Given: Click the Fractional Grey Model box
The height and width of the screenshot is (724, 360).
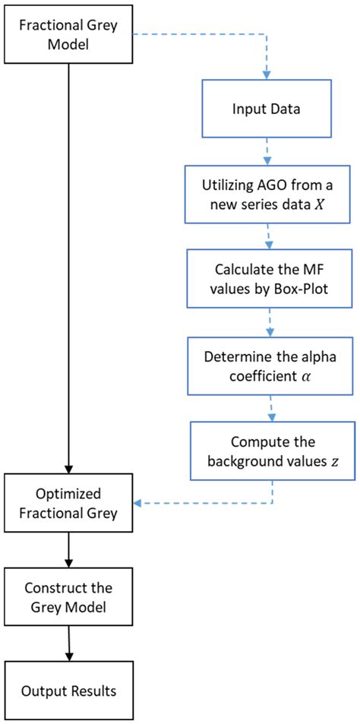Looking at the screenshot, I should (x=68, y=33).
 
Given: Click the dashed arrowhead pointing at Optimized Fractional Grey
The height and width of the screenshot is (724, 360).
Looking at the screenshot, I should (x=137, y=502).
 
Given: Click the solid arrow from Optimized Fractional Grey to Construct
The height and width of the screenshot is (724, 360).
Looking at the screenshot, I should (x=68, y=549).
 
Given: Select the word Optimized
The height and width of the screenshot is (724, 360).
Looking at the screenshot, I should (x=68, y=493).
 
